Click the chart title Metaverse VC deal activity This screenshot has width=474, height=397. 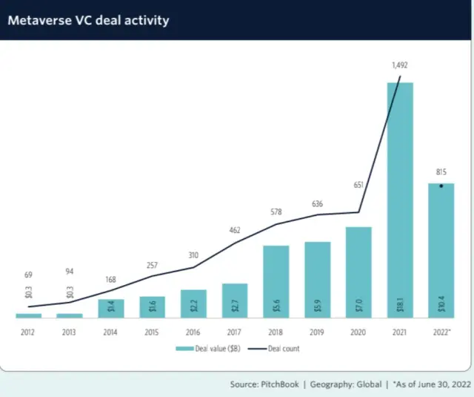pyautogui.click(x=88, y=20)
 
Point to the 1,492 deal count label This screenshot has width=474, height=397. pyautogui.click(x=401, y=66)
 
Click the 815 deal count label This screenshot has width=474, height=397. pyautogui.click(x=441, y=171)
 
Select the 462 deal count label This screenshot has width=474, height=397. pyautogui.click(x=235, y=230)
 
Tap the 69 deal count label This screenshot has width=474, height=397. pyautogui.click(x=29, y=275)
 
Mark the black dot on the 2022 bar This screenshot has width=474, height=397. pyautogui.click(x=441, y=186)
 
